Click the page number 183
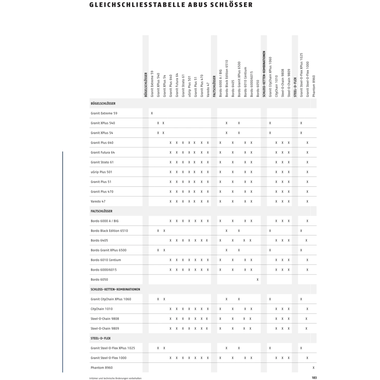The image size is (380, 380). click(314, 378)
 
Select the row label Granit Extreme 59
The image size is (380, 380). click(104, 113)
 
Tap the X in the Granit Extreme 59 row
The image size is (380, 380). click(152, 113)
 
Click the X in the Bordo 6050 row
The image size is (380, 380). click(257, 279)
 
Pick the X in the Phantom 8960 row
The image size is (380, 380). click(313, 368)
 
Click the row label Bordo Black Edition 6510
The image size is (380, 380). click(109, 231)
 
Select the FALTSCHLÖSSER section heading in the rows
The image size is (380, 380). click(101, 211)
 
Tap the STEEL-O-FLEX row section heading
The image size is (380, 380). click(101, 338)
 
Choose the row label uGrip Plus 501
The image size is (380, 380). click(101, 172)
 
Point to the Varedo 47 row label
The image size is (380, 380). click(98, 201)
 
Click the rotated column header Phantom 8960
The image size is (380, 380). click(314, 86)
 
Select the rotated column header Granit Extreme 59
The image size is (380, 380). click(152, 84)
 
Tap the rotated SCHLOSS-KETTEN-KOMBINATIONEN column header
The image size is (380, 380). click(264, 74)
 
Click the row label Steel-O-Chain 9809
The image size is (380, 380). click(105, 329)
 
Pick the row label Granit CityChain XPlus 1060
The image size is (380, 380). click(111, 299)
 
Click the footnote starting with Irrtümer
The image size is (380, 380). click(115, 378)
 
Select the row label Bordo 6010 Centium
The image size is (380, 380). click(106, 260)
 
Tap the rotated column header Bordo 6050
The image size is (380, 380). click(258, 88)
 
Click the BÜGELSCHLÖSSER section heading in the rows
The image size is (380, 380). click(103, 103)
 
